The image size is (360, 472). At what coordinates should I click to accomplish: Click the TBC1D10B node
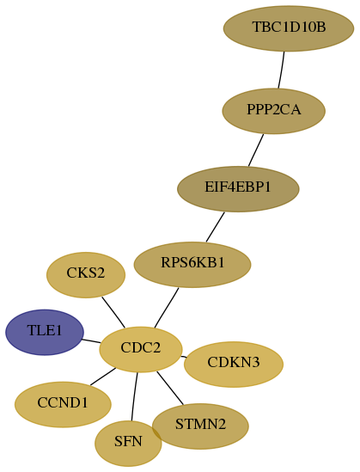289,28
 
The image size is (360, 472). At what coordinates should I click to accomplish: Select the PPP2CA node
274,111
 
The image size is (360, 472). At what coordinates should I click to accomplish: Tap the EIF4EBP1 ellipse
238,189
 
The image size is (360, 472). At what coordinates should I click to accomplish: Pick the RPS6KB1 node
192,265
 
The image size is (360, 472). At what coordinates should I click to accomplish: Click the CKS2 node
86,275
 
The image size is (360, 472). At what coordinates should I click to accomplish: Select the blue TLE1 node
45,333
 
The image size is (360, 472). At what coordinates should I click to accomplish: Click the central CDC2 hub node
141,349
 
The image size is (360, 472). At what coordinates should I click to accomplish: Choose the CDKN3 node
234,365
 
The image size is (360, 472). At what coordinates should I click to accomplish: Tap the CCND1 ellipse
63,405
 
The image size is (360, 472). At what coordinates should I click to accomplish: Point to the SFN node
128,444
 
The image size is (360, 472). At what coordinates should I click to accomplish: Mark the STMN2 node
200,426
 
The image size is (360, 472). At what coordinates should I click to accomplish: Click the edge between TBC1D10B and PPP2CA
282,70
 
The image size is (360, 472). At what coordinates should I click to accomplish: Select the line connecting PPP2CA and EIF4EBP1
256,150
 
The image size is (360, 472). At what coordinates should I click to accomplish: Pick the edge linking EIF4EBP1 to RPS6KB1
216,227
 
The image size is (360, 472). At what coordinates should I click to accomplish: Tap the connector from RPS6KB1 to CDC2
167,308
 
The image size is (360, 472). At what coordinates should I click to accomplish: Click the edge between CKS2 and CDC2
113,312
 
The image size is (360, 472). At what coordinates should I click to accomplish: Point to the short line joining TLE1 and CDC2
91,341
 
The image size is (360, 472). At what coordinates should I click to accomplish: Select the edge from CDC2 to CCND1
103,377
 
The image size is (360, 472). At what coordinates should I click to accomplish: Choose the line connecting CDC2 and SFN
134,396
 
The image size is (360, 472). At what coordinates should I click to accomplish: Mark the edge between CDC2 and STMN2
170,388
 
